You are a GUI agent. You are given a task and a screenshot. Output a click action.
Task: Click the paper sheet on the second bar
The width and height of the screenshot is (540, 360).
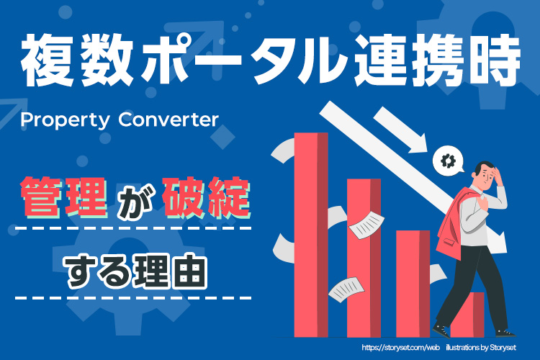366,224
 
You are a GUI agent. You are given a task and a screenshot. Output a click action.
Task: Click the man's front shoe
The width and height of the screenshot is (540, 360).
441,330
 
